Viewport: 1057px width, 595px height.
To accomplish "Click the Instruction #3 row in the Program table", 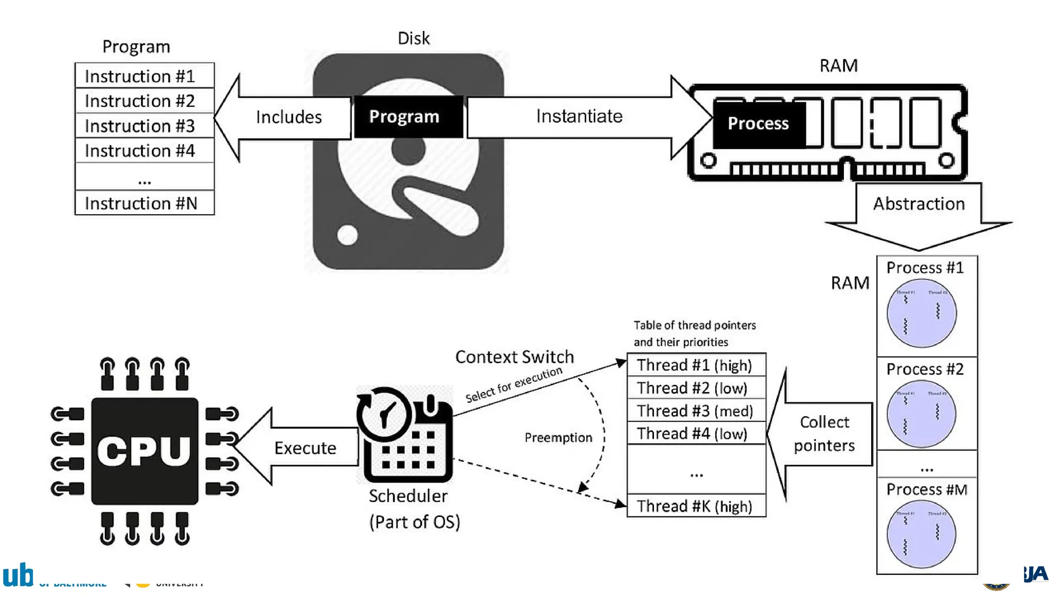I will [x=144, y=126].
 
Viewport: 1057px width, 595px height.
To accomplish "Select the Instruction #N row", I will [x=144, y=203].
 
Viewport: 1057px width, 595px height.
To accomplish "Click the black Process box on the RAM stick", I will [x=758, y=123].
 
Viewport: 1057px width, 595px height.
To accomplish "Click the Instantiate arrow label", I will [x=579, y=116].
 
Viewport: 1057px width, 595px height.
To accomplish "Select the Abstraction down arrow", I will [x=919, y=212].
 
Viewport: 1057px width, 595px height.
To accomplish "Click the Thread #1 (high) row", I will [x=696, y=365].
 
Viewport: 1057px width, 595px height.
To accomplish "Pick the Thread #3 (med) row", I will [x=696, y=411].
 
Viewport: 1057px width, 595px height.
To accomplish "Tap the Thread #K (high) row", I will [x=696, y=506].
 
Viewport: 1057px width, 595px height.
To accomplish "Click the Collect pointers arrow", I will [x=824, y=434].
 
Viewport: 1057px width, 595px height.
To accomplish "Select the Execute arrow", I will [x=305, y=447].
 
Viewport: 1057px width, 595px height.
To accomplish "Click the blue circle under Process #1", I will [x=921, y=313].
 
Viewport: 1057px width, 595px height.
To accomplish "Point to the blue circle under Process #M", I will [x=921, y=534].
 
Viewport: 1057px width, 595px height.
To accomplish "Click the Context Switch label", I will [x=514, y=357].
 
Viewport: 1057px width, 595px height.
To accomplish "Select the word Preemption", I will [x=558, y=437].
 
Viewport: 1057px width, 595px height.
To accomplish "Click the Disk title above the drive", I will [x=413, y=38].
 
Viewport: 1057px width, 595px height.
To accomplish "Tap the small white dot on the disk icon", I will [x=347, y=235].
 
